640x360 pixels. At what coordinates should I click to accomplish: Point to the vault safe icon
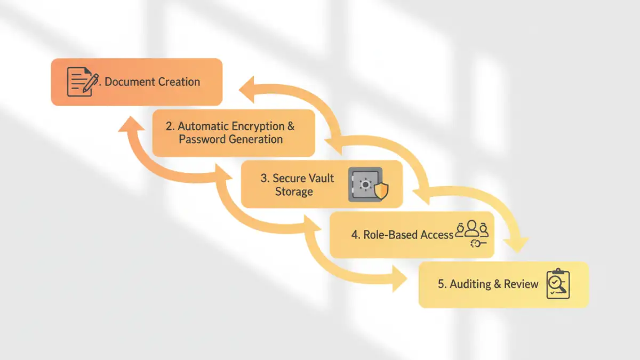[x=365, y=185]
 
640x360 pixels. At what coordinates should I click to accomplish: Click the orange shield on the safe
[x=381, y=190]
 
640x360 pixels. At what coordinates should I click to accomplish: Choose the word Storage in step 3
[x=294, y=191]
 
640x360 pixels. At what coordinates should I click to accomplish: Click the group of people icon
[x=472, y=230]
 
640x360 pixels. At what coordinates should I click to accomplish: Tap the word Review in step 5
[x=521, y=284]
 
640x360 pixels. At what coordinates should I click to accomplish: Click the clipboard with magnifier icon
[x=558, y=284]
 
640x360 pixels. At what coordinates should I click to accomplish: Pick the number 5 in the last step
[x=441, y=284]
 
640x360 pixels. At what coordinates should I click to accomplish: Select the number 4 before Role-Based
[x=355, y=235]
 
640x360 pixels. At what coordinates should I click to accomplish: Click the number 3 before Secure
[x=263, y=178]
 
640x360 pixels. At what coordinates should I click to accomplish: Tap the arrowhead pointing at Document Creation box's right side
[x=246, y=89]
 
